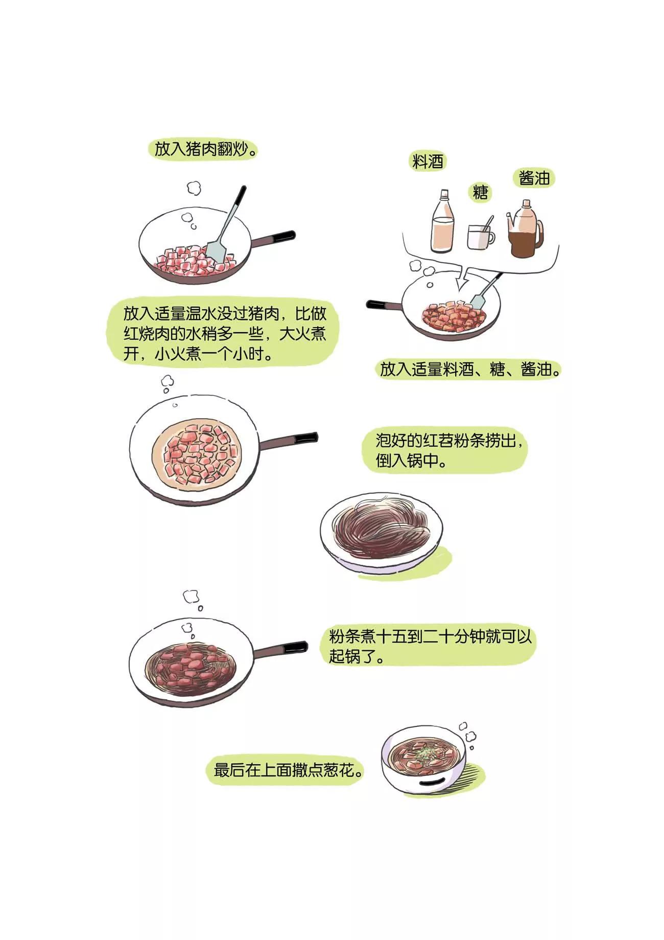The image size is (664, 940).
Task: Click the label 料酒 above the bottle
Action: pyautogui.click(x=428, y=162)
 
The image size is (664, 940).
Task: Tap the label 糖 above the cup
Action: pyautogui.click(x=480, y=192)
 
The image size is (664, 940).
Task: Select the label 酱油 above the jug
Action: pyautogui.click(x=534, y=178)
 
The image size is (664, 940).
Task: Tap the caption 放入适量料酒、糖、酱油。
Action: pyautogui.click(x=470, y=369)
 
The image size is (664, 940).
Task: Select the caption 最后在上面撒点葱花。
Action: pyautogui.click(x=289, y=770)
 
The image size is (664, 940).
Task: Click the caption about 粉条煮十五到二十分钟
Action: pyautogui.click(x=431, y=646)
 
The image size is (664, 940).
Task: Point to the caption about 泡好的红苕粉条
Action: pyautogui.click(x=449, y=450)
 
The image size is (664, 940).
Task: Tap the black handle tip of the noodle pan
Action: pyautogui.click(x=296, y=647)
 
